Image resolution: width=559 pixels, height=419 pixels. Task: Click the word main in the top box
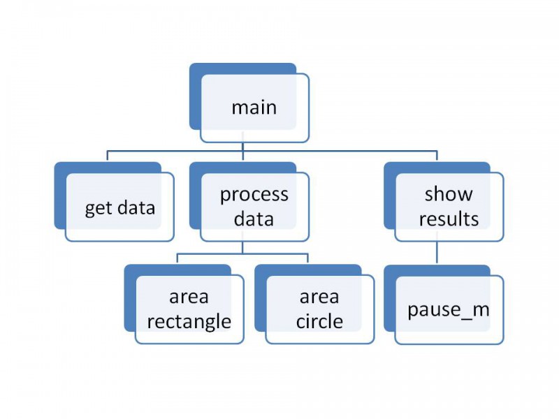(x=254, y=108)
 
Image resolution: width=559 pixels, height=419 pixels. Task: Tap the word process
(x=254, y=196)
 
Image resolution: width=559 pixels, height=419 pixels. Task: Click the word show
(x=449, y=194)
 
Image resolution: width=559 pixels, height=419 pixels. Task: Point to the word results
(x=449, y=219)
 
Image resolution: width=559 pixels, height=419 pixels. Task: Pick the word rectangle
(x=189, y=322)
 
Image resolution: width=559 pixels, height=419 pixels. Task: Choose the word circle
(x=319, y=321)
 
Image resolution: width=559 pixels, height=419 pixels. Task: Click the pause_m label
(x=449, y=310)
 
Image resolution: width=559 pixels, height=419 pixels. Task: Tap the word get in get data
(x=99, y=208)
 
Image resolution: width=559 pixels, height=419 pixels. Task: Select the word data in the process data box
(x=254, y=219)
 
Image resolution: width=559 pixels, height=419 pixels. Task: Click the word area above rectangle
(x=189, y=297)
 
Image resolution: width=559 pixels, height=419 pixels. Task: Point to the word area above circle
(x=319, y=297)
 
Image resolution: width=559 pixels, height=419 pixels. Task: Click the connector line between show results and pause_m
(x=437, y=252)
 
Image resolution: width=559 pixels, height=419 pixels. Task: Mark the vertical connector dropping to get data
(x=108, y=156)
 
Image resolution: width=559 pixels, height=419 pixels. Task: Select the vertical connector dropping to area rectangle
(x=177, y=258)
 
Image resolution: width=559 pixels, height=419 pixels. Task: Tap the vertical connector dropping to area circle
(x=307, y=258)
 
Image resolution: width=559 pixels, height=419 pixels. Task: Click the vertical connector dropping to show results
(x=437, y=156)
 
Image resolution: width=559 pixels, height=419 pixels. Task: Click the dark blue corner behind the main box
(x=196, y=96)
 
